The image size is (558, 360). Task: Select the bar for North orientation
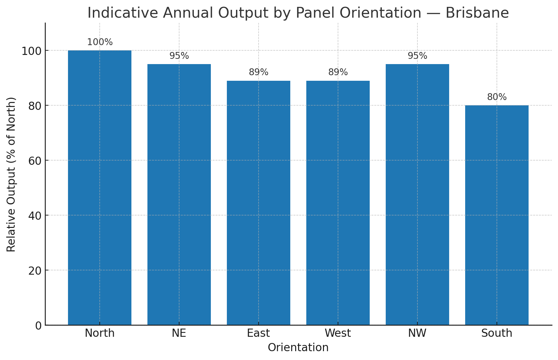(x=100, y=188)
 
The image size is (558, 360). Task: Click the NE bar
(x=179, y=195)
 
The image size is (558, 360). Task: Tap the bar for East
(x=259, y=203)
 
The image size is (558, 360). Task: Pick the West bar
(x=338, y=203)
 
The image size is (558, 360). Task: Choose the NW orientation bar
(x=417, y=195)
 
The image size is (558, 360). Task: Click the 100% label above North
(x=100, y=42)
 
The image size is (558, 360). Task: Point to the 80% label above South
(x=497, y=97)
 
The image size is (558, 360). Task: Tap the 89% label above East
(x=259, y=72)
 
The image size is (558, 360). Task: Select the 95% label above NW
(x=417, y=56)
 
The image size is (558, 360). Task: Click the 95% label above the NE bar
(x=179, y=56)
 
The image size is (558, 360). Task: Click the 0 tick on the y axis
(x=39, y=326)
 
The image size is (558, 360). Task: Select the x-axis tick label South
(x=497, y=333)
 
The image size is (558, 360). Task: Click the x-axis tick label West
(x=338, y=333)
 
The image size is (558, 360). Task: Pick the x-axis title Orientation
(x=298, y=348)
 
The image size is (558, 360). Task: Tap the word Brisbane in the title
(x=477, y=13)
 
